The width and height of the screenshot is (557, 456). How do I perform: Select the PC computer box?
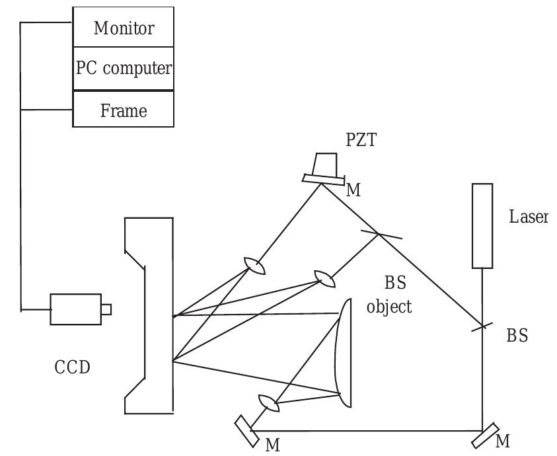124,68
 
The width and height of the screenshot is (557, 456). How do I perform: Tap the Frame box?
124,109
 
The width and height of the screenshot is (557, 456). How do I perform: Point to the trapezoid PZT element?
326,163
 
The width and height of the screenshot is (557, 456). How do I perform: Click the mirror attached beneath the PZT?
324,178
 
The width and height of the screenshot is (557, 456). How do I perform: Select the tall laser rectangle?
482,226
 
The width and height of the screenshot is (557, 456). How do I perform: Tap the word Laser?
529,216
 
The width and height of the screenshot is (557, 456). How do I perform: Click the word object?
389,307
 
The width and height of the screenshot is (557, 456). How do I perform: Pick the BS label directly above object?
396,284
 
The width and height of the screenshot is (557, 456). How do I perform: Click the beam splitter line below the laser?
483,325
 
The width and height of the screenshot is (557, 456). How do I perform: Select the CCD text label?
72,367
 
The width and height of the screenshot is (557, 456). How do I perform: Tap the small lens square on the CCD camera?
106,309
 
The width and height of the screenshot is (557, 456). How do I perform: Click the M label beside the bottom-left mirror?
272,444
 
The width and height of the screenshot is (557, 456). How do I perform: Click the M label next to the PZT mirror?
354,190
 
